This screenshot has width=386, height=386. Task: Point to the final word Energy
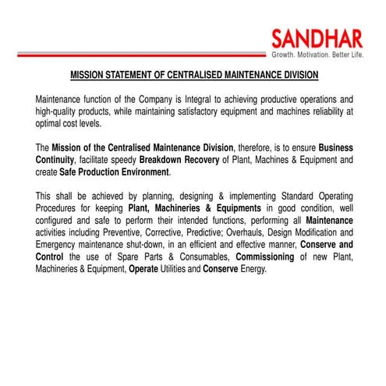pyautogui.click(x=252, y=268)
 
